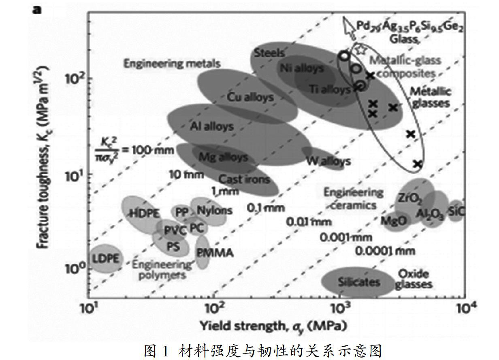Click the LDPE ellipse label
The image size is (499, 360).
point(105,258)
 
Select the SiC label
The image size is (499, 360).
point(456,211)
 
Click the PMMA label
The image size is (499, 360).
point(215,253)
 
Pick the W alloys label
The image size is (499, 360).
point(328,161)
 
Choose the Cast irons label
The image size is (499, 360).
point(244,179)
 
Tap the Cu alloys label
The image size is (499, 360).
point(249,97)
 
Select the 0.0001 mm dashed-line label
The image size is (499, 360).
point(385,251)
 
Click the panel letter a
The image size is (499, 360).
point(37,9)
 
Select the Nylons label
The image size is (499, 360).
point(215,210)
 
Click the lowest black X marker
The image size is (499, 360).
point(418,164)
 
